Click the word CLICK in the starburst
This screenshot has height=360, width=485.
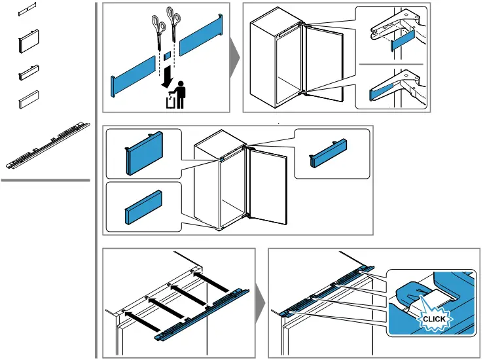coord(434,319)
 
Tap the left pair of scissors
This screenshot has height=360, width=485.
coord(158,29)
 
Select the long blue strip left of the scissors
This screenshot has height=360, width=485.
coord(134,73)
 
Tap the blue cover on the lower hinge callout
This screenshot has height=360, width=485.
coord(380,90)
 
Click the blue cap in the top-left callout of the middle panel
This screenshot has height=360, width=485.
coord(143,153)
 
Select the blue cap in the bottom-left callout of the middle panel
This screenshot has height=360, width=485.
coord(143,207)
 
